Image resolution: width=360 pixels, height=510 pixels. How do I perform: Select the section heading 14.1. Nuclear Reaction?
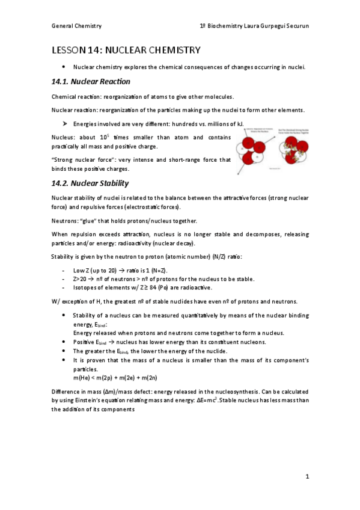(91, 81)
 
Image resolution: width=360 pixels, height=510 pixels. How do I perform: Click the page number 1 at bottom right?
(307, 477)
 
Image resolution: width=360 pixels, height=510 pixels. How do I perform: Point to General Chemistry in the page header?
(76, 26)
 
